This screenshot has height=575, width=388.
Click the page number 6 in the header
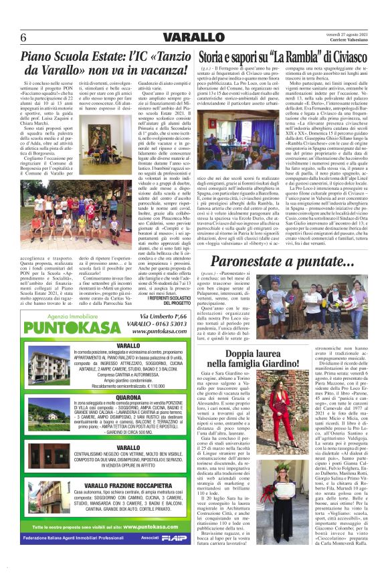(x=23, y=37)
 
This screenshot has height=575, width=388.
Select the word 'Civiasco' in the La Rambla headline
(x=341, y=57)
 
